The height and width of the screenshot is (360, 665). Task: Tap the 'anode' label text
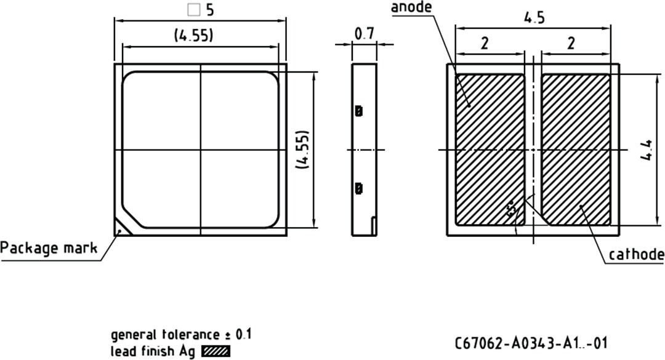[412, 7]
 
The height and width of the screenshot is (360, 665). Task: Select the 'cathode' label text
[636, 255]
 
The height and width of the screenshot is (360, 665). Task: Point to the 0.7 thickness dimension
[365, 33]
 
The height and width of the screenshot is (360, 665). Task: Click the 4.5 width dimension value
[534, 18]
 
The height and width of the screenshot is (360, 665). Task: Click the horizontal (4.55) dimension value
[193, 36]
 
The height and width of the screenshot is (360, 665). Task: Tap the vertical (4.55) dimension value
[302, 150]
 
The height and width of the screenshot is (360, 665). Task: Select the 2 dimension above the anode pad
[485, 43]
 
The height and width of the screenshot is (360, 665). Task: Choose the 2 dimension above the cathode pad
[571, 43]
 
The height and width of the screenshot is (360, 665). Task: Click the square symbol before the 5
[193, 10]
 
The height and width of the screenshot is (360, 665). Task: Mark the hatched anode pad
[490, 150]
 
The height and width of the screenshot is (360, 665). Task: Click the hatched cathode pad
[576, 150]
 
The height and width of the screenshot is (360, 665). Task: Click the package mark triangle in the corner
[120, 229]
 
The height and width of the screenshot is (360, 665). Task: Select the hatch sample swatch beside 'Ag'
[216, 353]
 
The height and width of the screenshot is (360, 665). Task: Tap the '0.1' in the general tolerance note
[243, 335]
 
